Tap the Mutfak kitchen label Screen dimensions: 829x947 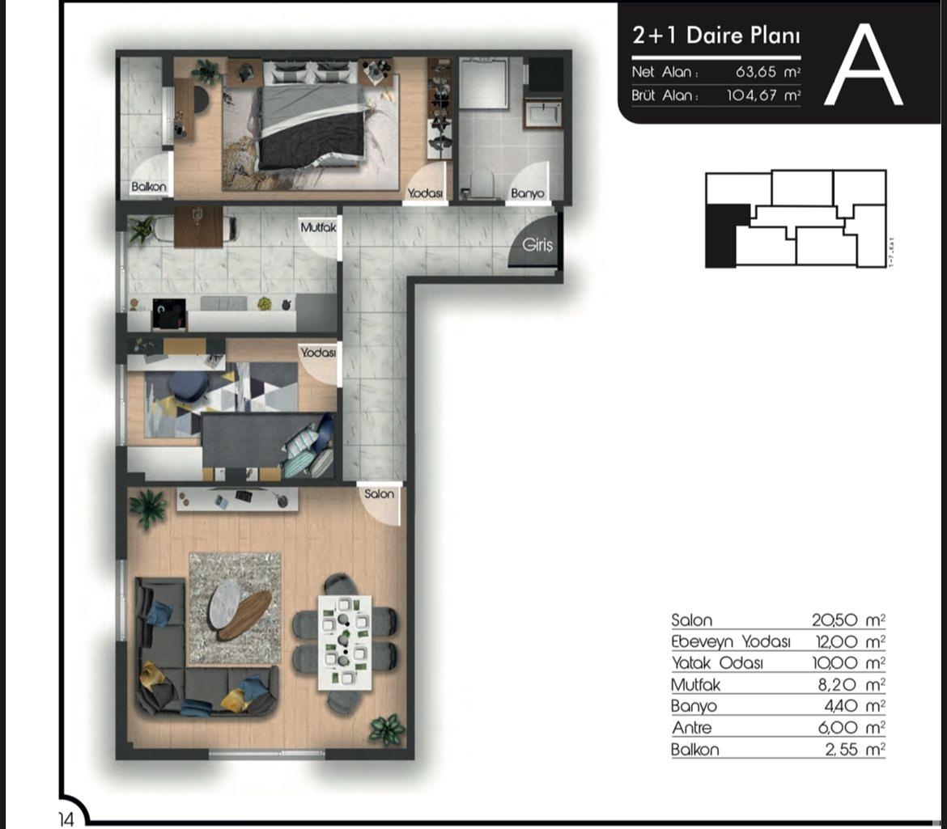click(317, 229)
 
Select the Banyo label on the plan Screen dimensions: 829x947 click(527, 194)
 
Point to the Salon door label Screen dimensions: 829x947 click(379, 493)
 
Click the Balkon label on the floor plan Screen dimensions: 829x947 click(149, 188)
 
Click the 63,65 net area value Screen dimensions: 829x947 click(756, 72)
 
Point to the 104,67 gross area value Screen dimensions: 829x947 click(750, 95)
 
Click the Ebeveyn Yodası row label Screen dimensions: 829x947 click(730, 642)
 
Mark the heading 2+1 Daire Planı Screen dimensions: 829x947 click(716, 37)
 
